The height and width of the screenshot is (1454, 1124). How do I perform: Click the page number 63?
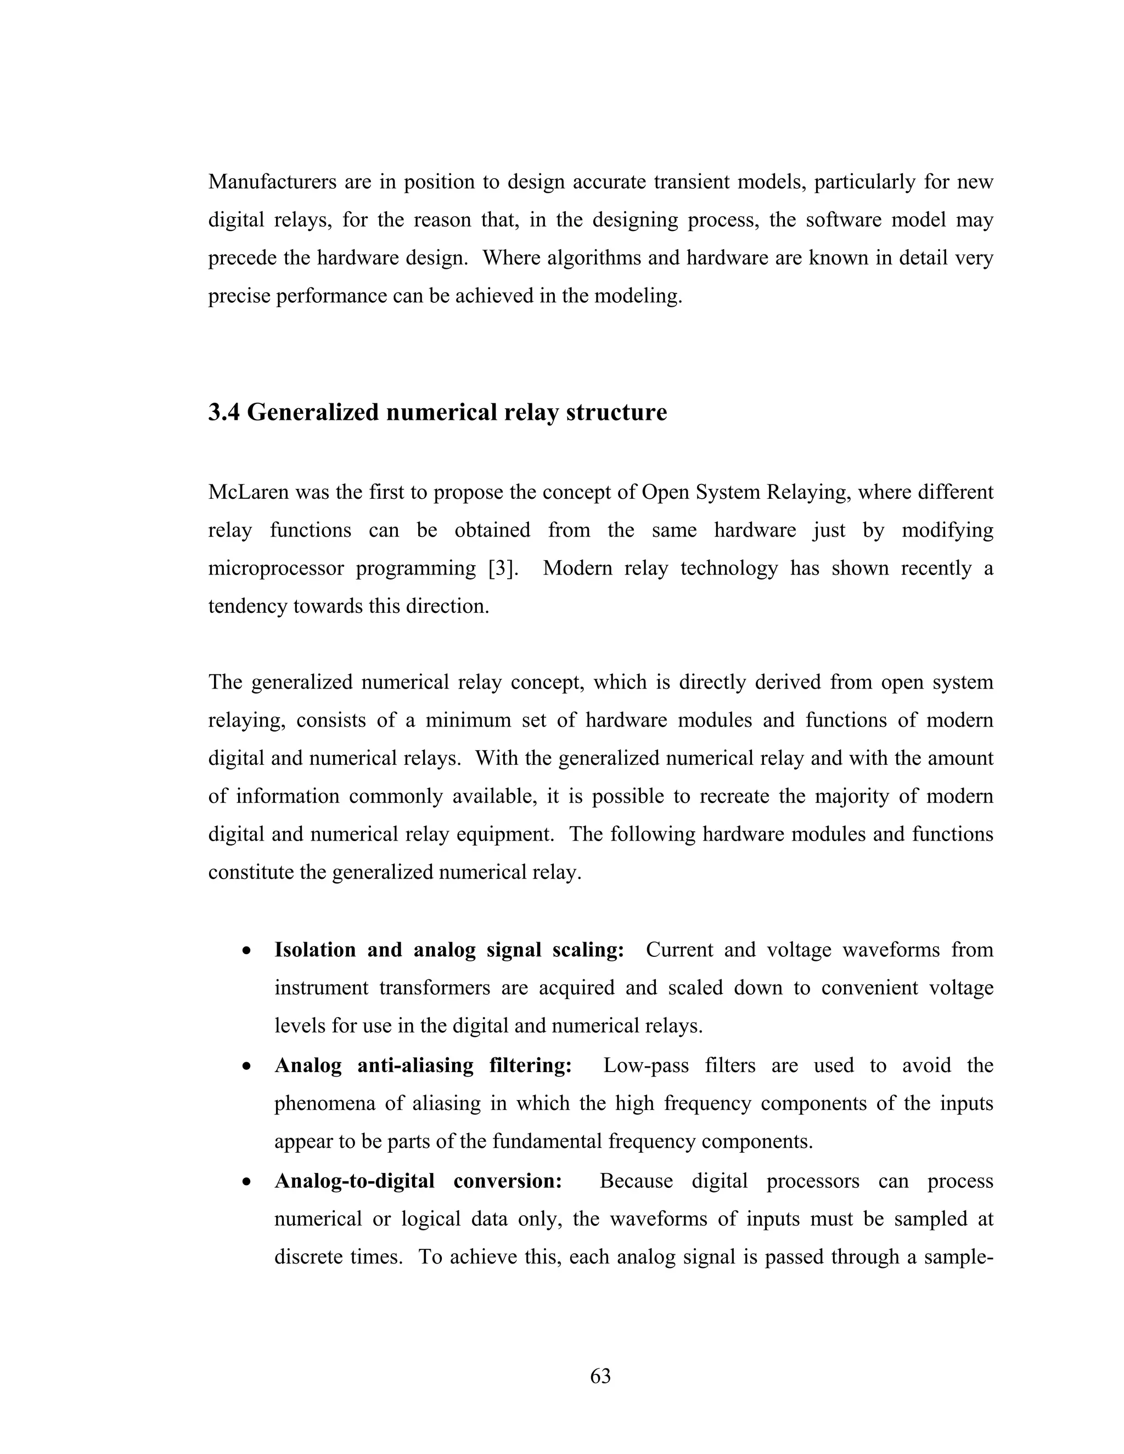pos(600,1376)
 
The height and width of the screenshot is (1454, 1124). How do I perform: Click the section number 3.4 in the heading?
pos(224,413)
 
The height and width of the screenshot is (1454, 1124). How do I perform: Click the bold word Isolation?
pos(315,949)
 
